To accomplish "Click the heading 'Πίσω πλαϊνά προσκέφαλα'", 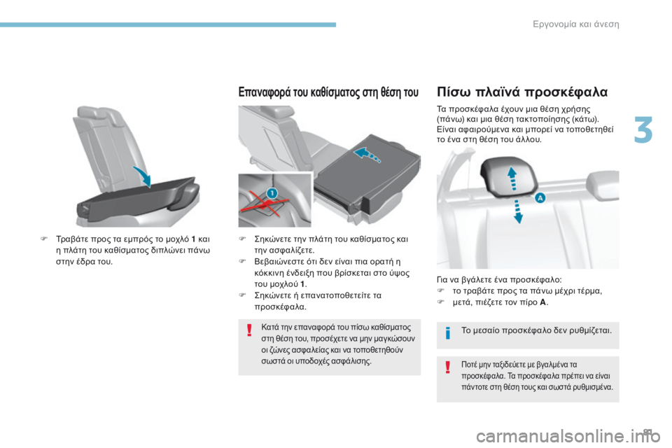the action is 522,92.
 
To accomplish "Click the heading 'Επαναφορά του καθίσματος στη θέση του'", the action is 328,92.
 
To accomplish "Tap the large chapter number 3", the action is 643,130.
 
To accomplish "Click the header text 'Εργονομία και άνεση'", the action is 576,24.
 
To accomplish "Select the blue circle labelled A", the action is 540,197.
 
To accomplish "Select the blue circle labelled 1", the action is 272,192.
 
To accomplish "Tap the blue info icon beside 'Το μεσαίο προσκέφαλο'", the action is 448,332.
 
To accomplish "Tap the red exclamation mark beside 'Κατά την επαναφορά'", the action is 249,330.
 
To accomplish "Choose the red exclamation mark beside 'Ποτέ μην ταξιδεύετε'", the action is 448,367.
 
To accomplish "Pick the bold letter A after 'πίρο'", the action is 543,302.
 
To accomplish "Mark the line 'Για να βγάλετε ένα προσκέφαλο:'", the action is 499,280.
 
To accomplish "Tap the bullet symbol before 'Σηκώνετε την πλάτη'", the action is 242,239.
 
